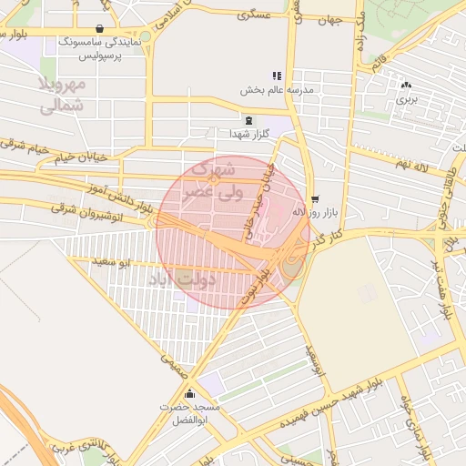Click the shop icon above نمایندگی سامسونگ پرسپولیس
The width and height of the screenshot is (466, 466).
click(98, 28)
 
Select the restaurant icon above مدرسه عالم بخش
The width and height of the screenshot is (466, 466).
click(277, 76)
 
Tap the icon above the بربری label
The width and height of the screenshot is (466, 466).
click(406, 85)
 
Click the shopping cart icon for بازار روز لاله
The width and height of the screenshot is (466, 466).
click(315, 198)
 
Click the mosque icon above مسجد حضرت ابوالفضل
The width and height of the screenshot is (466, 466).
click(190, 393)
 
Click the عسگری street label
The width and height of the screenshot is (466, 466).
click(253, 15)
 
